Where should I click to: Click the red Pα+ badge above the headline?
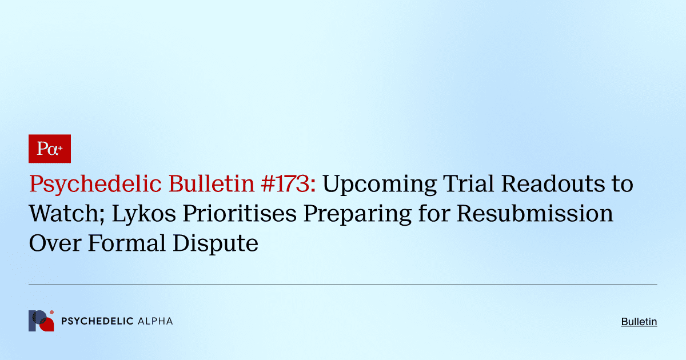pyautogui.click(x=49, y=149)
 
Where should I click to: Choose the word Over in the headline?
pyautogui.click(x=52, y=243)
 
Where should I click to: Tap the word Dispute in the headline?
pyautogui.click(x=213, y=243)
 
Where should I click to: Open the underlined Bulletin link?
pyautogui.click(x=639, y=322)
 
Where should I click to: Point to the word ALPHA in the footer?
pyautogui.click(x=155, y=321)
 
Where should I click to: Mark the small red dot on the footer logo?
pyautogui.click(x=51, y=313)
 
